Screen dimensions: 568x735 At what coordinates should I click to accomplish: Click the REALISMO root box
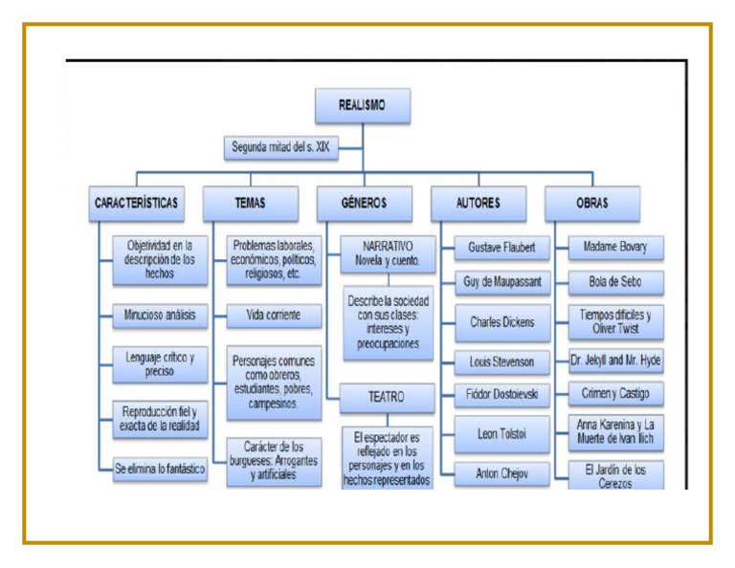click(363, 106)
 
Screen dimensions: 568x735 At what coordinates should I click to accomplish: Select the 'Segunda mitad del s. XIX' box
click(280, 148)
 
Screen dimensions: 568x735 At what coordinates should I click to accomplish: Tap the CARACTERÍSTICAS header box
click(136, 203)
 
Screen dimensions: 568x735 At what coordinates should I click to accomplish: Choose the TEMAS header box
click(250, 203)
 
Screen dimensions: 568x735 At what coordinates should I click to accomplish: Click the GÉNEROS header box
click(364, 203)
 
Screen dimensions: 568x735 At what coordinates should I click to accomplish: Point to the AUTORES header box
click(478, 203)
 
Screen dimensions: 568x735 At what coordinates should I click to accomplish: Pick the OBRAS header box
click(591, 203)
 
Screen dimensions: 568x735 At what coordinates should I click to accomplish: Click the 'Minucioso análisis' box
click(159, 315)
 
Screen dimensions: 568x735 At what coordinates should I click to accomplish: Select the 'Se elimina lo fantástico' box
click(160, 470)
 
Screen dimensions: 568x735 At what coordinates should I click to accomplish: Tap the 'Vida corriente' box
click(273, 315)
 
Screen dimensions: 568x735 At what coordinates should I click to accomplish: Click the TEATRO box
click(387, 396)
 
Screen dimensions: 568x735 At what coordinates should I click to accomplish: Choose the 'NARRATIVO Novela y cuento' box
click(388, 253)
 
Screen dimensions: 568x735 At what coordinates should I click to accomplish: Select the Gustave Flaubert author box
click(501, 248)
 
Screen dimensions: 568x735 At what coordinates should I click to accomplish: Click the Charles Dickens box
click(501, 322)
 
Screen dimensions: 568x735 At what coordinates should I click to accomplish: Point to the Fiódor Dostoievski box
click(501, 394)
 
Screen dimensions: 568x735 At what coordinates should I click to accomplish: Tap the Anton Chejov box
click(501, 472)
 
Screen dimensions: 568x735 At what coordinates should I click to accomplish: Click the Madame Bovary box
click(615, 248)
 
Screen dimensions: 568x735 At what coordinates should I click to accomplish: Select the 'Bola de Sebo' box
click(615, 282)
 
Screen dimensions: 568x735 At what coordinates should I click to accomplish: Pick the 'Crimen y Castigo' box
click(615, 394)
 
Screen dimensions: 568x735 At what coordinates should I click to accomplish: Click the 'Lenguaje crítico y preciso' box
click(159, 363)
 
